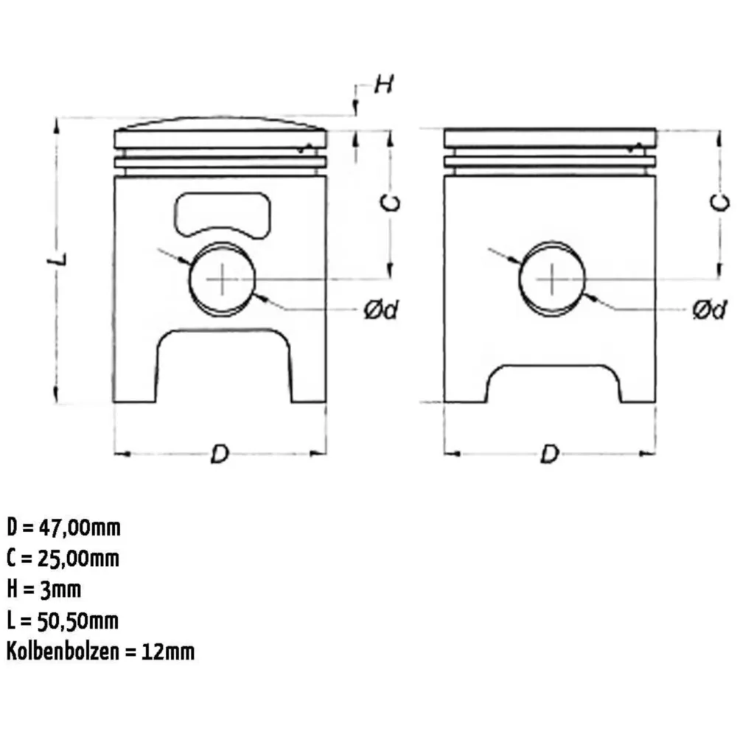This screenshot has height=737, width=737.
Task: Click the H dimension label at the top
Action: (383, 85)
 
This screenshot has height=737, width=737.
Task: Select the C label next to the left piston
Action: (390, 203)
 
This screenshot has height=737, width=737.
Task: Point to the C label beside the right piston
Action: (719, 203)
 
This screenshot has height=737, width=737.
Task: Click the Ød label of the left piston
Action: (381, 310)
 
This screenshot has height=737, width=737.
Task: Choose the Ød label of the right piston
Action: (710, 310)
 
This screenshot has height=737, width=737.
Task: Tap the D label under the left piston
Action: (220, 454)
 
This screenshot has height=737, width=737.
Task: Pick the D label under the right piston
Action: (550, 454)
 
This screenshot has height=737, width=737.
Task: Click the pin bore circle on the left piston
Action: (189, 279)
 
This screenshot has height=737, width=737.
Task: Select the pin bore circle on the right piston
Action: (520, 279)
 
